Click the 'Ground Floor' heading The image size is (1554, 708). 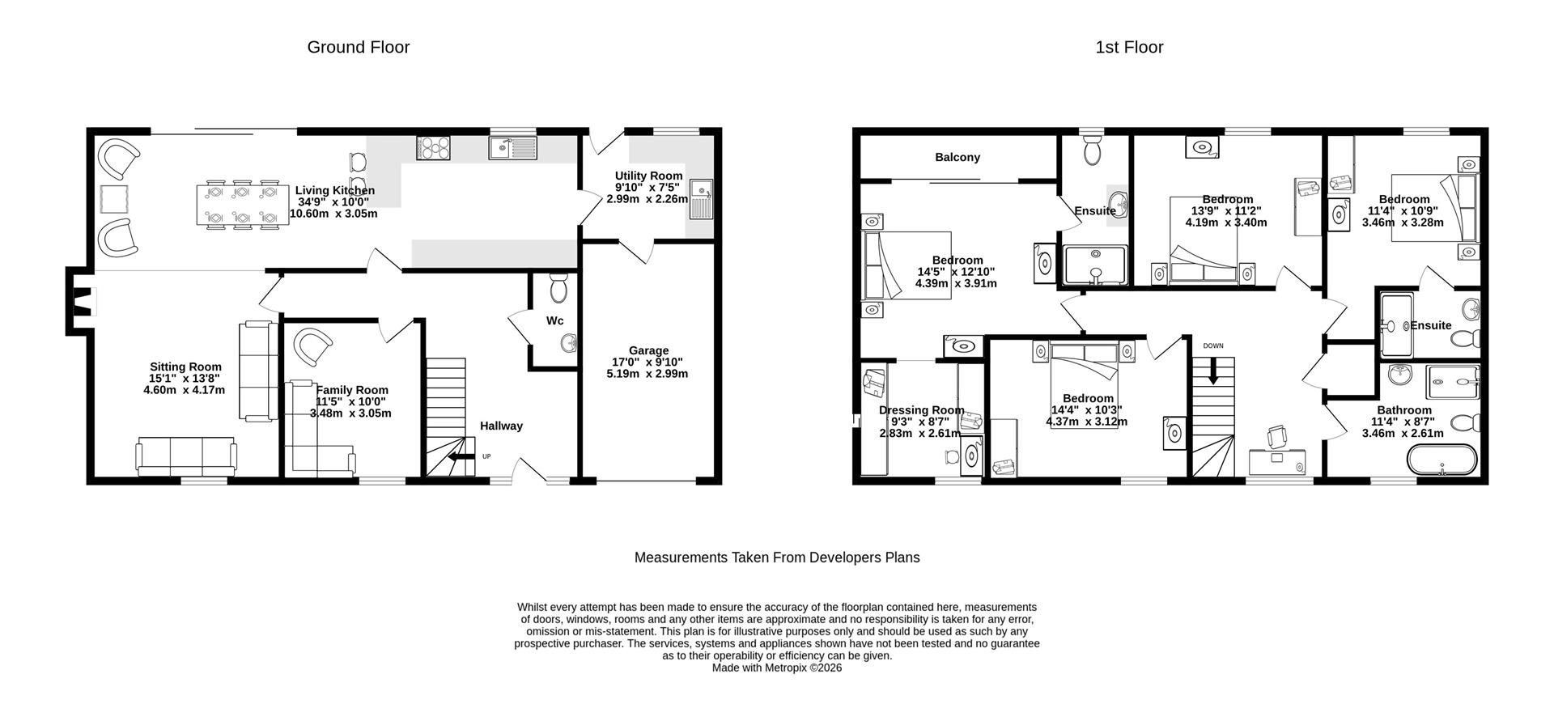pyautogui.click(x=358, y=47)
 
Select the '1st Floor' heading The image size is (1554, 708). pyautogui.click(x=1129, y=47)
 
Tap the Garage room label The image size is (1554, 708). pyautogui.click(x=648, y=350)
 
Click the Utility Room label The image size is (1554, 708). pyautogui.click(x=648, y=176)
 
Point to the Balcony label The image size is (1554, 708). pyautogui.click(x=957, y=157)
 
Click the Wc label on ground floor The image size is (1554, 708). pyautogui.click(x=554, y=321)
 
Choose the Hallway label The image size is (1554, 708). pyautogui.click(x=501, y=426)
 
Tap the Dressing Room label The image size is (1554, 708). pyautogui.click(x=921, y=409)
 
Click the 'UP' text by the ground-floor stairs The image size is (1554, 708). pyautogui.click(x=486, y=456)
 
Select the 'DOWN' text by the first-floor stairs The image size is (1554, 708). pyautogui.click(x=1212, y=346)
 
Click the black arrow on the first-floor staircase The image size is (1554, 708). pyautogui.click(x=1212, y=373)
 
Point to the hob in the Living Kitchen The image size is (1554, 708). pyautogui.click(x=434, y=147)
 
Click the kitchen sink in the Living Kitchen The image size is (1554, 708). pyautogui.click(x=512, y=147)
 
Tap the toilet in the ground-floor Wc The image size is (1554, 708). pyautogui.click(x=558, y=287)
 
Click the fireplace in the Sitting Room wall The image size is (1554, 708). pyautogui.click(x=81, y=301)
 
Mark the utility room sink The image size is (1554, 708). pyautogui.click(x=701, y=198)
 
